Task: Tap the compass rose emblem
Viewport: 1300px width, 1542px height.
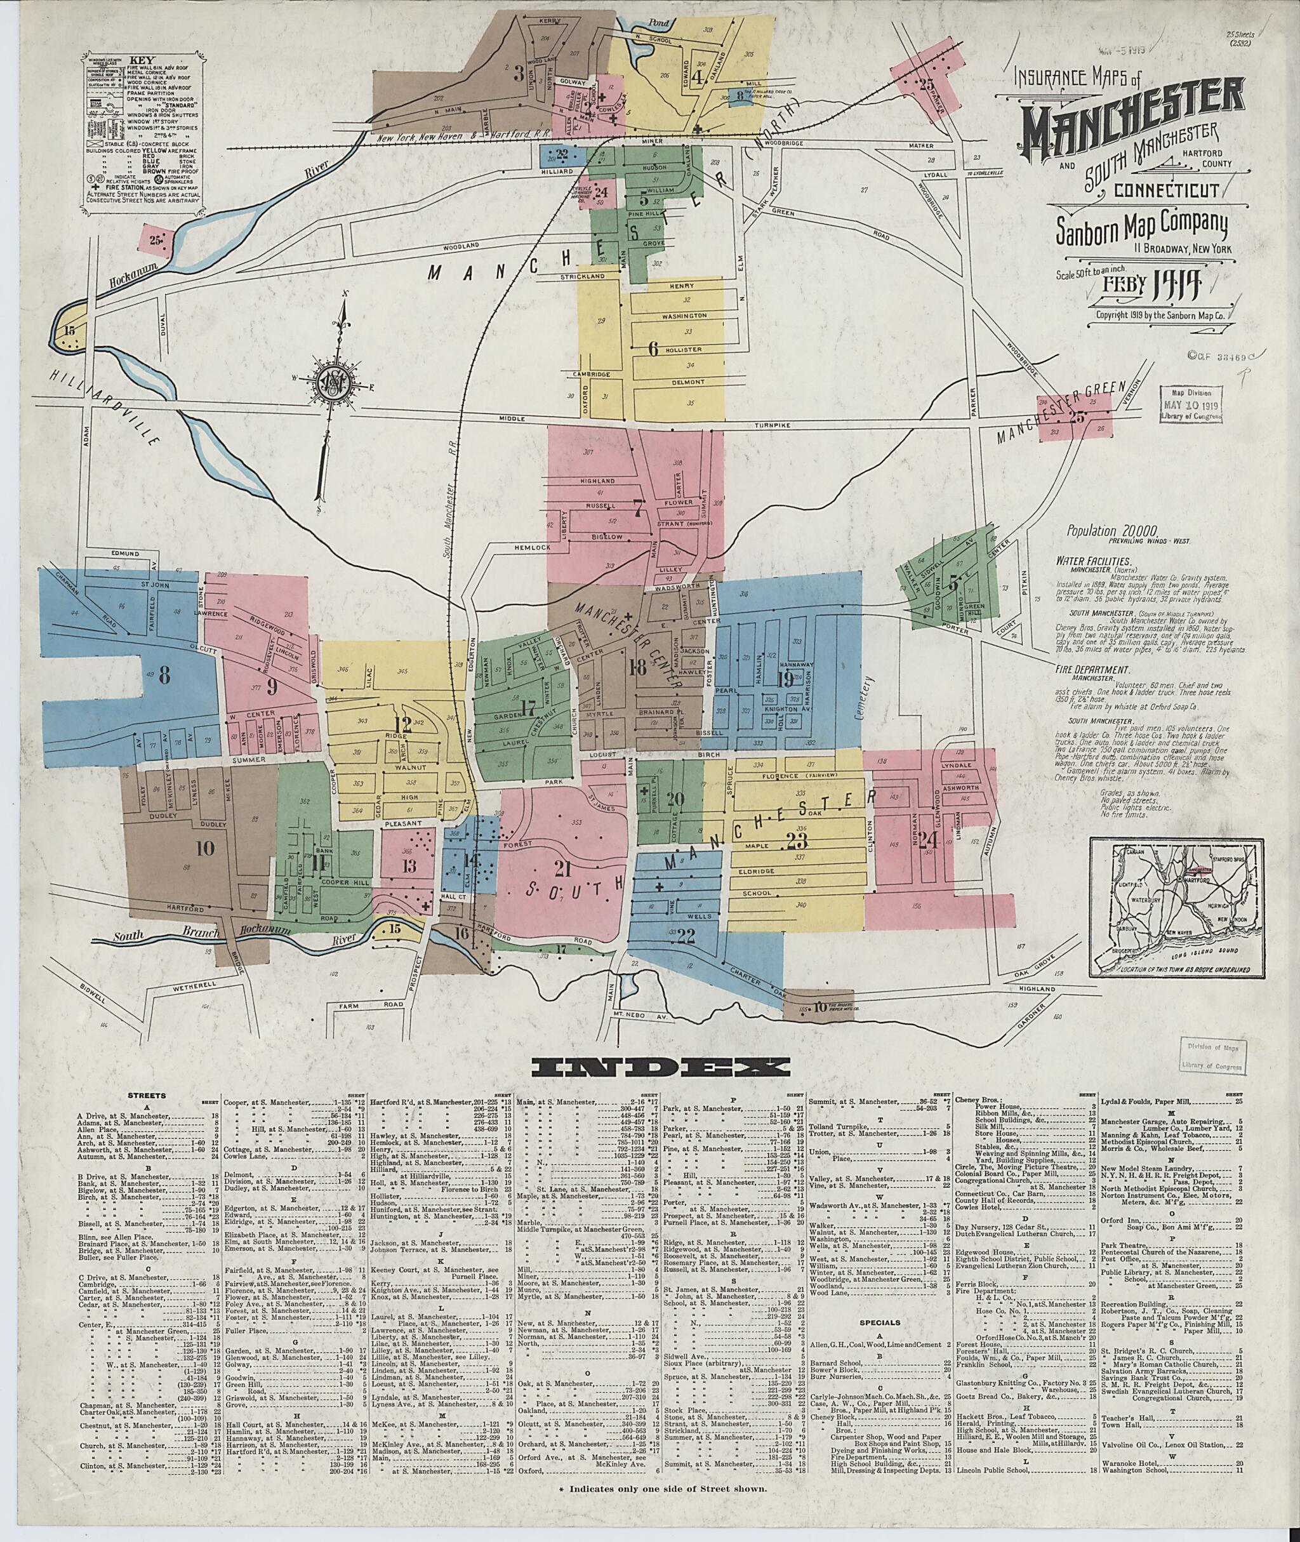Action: coord(340,385)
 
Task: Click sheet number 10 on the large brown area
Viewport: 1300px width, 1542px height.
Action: coord(205,848)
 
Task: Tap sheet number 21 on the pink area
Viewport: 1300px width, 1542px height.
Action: coord(562,869)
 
